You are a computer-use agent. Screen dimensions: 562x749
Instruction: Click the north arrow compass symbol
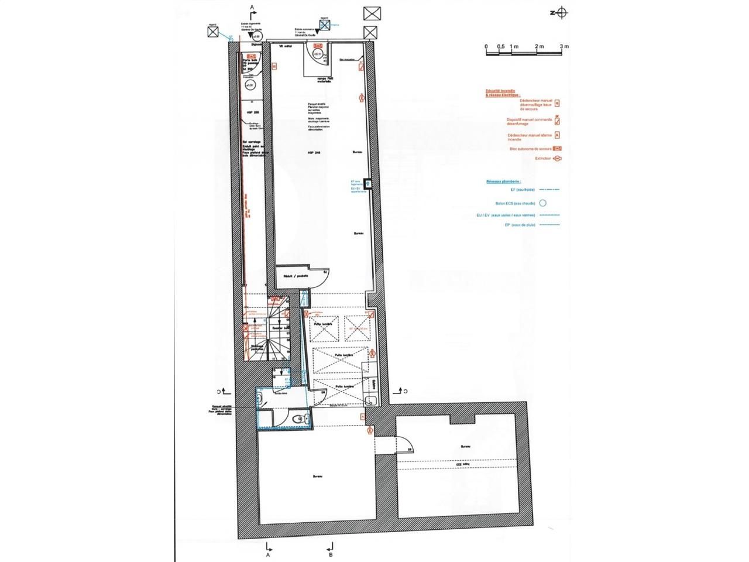pos(561,12)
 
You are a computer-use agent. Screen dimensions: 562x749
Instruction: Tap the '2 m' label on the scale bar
pos(538,46)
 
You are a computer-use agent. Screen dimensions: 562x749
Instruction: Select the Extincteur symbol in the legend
pos(557,159)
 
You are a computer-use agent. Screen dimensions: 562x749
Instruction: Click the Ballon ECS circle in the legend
pos(542,203)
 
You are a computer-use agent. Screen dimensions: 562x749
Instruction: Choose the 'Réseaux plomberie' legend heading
pos(503,182)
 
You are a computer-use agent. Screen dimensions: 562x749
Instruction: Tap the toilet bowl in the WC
pos(299,418)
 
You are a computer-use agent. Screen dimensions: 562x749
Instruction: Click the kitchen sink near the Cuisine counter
pos(370,400)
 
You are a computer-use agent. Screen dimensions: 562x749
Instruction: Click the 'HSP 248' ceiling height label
pos(314,153)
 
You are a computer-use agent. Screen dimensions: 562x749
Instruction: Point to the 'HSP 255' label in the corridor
pos(252,112)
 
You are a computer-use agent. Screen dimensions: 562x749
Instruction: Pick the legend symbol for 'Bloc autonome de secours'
pos(557,149)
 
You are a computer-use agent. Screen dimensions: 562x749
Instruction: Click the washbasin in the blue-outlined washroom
pos(261,400)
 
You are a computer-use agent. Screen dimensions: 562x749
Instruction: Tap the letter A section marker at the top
pos(253,6)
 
